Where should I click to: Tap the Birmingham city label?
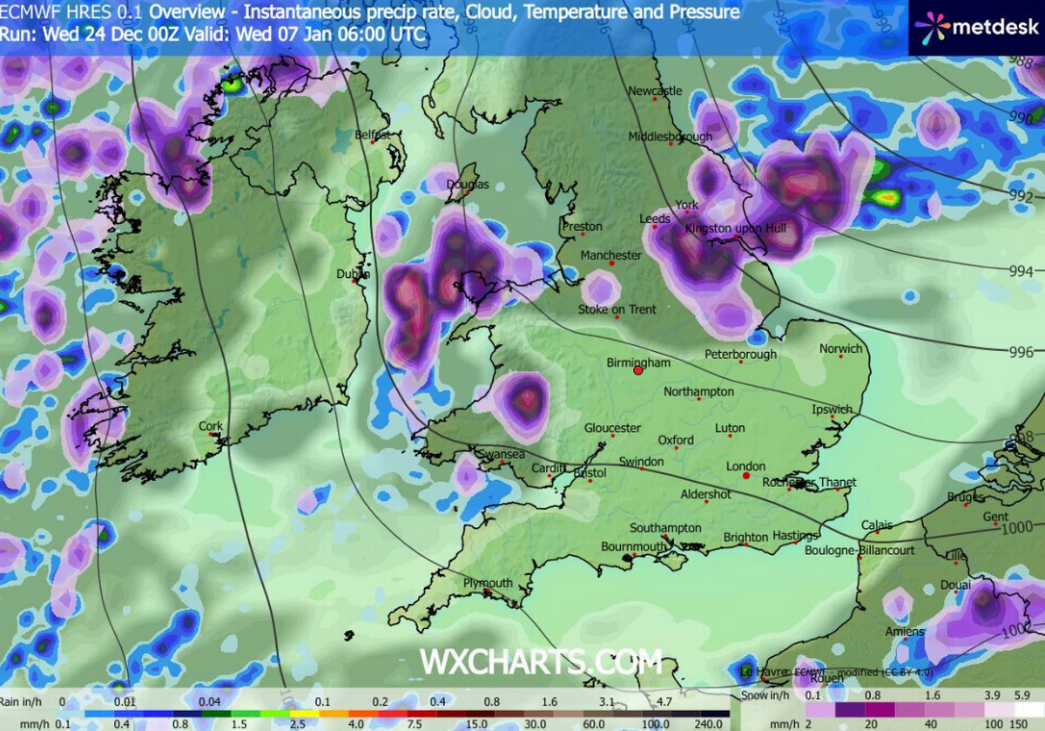coord(640,362)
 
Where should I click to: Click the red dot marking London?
coord(746,477)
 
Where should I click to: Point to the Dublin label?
coord(353,274)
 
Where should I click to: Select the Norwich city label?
coord(840,349)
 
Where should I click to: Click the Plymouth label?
coord(488,583)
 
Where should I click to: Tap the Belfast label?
coord(373,135)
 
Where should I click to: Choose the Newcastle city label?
coord(655,91)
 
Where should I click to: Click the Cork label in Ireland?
coord(211,426)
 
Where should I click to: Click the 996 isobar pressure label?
coord(1021,351)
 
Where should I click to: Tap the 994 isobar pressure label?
coord(1021,272)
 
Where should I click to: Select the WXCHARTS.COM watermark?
coord(541,661)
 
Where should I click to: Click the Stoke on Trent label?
coord(617,309)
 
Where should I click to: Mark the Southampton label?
coord(665,528)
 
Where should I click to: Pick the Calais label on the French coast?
coord(877,525)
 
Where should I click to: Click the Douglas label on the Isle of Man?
coord(468,185)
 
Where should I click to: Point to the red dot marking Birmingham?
coord(637,370)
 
